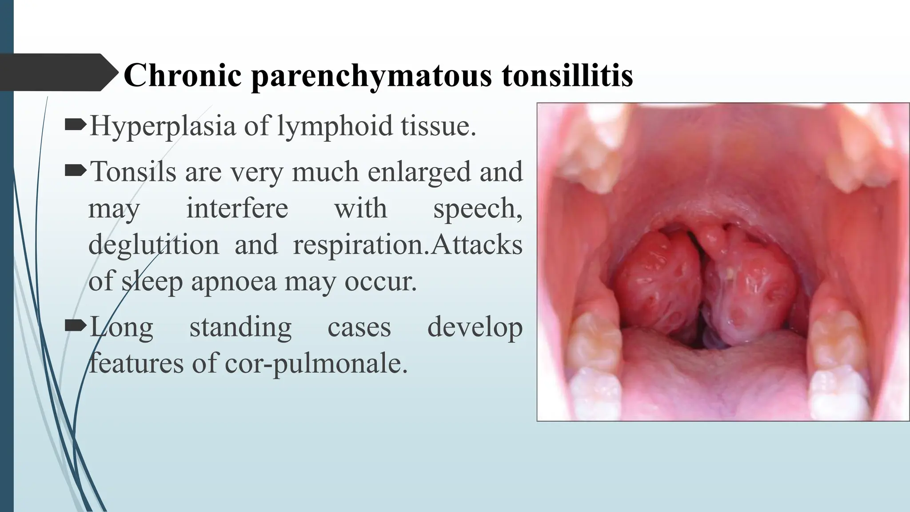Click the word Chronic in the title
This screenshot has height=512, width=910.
[x=183, y=75]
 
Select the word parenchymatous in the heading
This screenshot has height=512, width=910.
[x=371, y=76]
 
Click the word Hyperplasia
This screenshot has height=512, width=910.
[x=162, y=126]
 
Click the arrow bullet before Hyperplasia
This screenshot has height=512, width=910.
[x=75, y=125]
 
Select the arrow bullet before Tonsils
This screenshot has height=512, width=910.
[x=75, y=171]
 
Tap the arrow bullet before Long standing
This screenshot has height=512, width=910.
[x=75, y=327]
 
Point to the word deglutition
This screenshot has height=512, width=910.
[x=153, y=244]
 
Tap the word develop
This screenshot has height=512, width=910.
[x=474, y=328]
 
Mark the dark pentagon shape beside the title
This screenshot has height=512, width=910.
[x=56, y=72]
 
